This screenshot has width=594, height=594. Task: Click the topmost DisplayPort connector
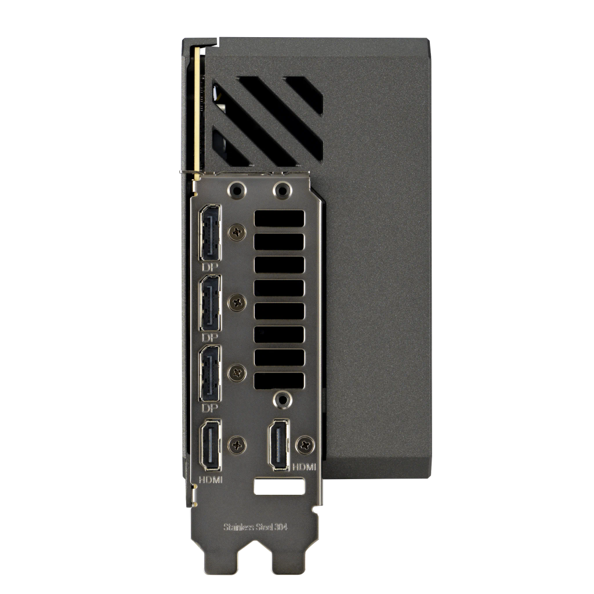tap(210, 233)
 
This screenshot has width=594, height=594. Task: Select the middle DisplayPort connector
tap(210, 303)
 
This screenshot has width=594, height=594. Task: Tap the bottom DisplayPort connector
tap(210, 374)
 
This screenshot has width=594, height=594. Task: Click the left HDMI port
tap(211, 445)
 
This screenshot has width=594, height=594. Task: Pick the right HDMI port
tap(279, 445)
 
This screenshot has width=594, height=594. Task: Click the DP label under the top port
tap(210, 267)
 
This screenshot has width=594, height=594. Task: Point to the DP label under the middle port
tap(210, 338)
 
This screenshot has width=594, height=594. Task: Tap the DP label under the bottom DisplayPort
tap(210, 408)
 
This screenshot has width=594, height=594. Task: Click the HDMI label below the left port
tap(211, 480)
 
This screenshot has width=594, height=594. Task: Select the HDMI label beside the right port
tap(304, 467)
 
